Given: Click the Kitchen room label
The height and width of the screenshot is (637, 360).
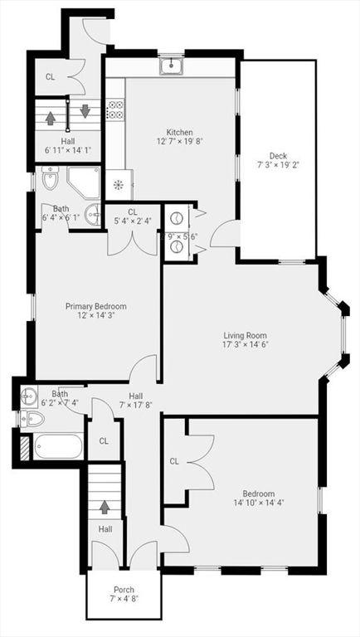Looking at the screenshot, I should tap(179, 133).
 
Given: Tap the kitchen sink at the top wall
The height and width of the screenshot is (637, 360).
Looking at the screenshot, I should tap(172, 65).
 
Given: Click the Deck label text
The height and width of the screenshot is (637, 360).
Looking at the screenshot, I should tap(277, 155).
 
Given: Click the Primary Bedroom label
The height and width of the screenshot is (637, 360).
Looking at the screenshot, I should tap(96, 306).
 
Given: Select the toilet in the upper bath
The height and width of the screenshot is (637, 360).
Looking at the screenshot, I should tap(51, 178).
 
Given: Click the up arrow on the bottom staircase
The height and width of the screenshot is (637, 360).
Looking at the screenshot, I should tap(105, 505).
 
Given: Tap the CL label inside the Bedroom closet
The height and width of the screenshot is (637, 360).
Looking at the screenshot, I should tap(175, 461).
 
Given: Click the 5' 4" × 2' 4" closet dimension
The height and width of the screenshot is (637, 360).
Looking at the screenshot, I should tap(132, 221).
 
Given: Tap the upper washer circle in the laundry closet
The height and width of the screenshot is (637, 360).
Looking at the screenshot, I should tap(176, 218).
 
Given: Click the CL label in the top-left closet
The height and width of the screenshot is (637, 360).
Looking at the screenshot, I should tap(51, 77).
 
